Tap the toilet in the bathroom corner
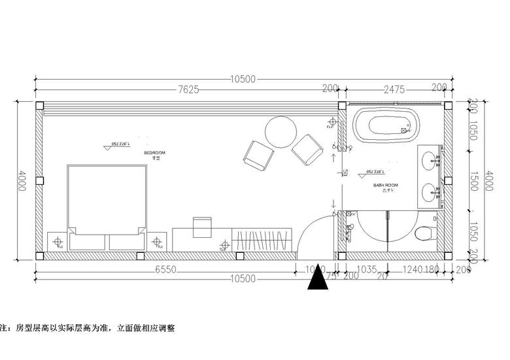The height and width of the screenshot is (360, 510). click(426, 232)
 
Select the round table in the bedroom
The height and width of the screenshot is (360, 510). click(281, 131)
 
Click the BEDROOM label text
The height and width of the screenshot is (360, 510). click(155, 152)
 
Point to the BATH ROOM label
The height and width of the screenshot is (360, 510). click(386, 186)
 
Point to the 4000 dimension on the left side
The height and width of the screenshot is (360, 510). click(22, 180)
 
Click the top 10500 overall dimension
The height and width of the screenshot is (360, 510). click(243, 79)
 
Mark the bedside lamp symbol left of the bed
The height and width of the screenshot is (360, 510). click(58, 242)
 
